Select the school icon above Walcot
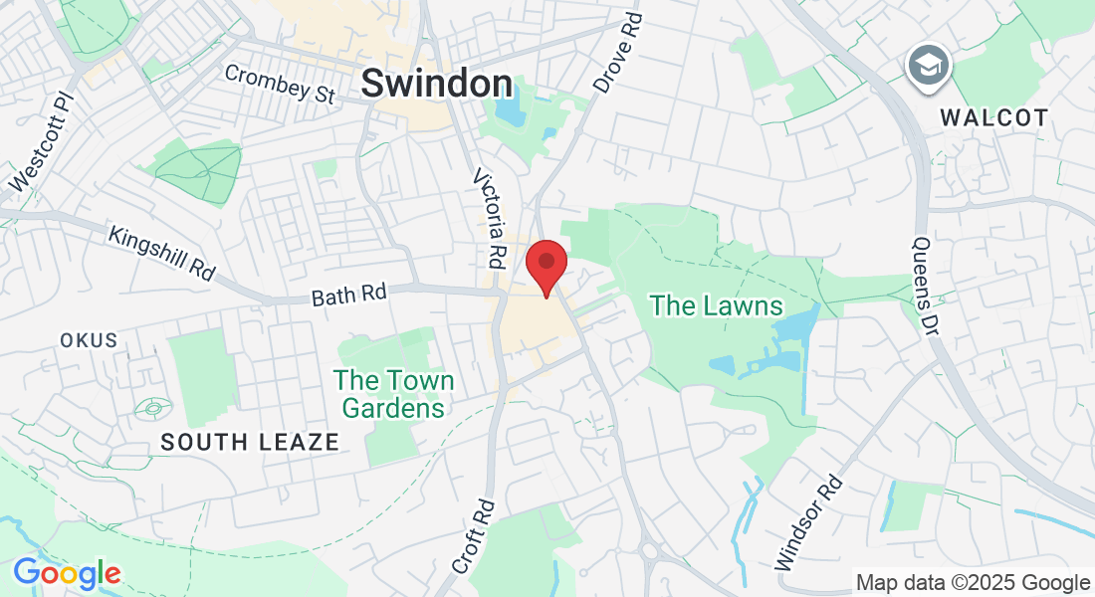(x=929, y=66)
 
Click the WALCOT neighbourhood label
(x=994, y=117)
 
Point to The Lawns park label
(x=717, y=305)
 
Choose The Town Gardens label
(x=394, y=394)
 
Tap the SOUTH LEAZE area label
(x=250, y=442)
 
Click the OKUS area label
(x=89, y=340)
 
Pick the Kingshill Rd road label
(x=161, y=254)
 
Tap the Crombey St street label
(x=280, y=85)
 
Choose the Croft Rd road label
(x=474, y=535)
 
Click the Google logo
(x=67, y=574)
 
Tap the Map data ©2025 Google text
(x=973, y=583)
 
